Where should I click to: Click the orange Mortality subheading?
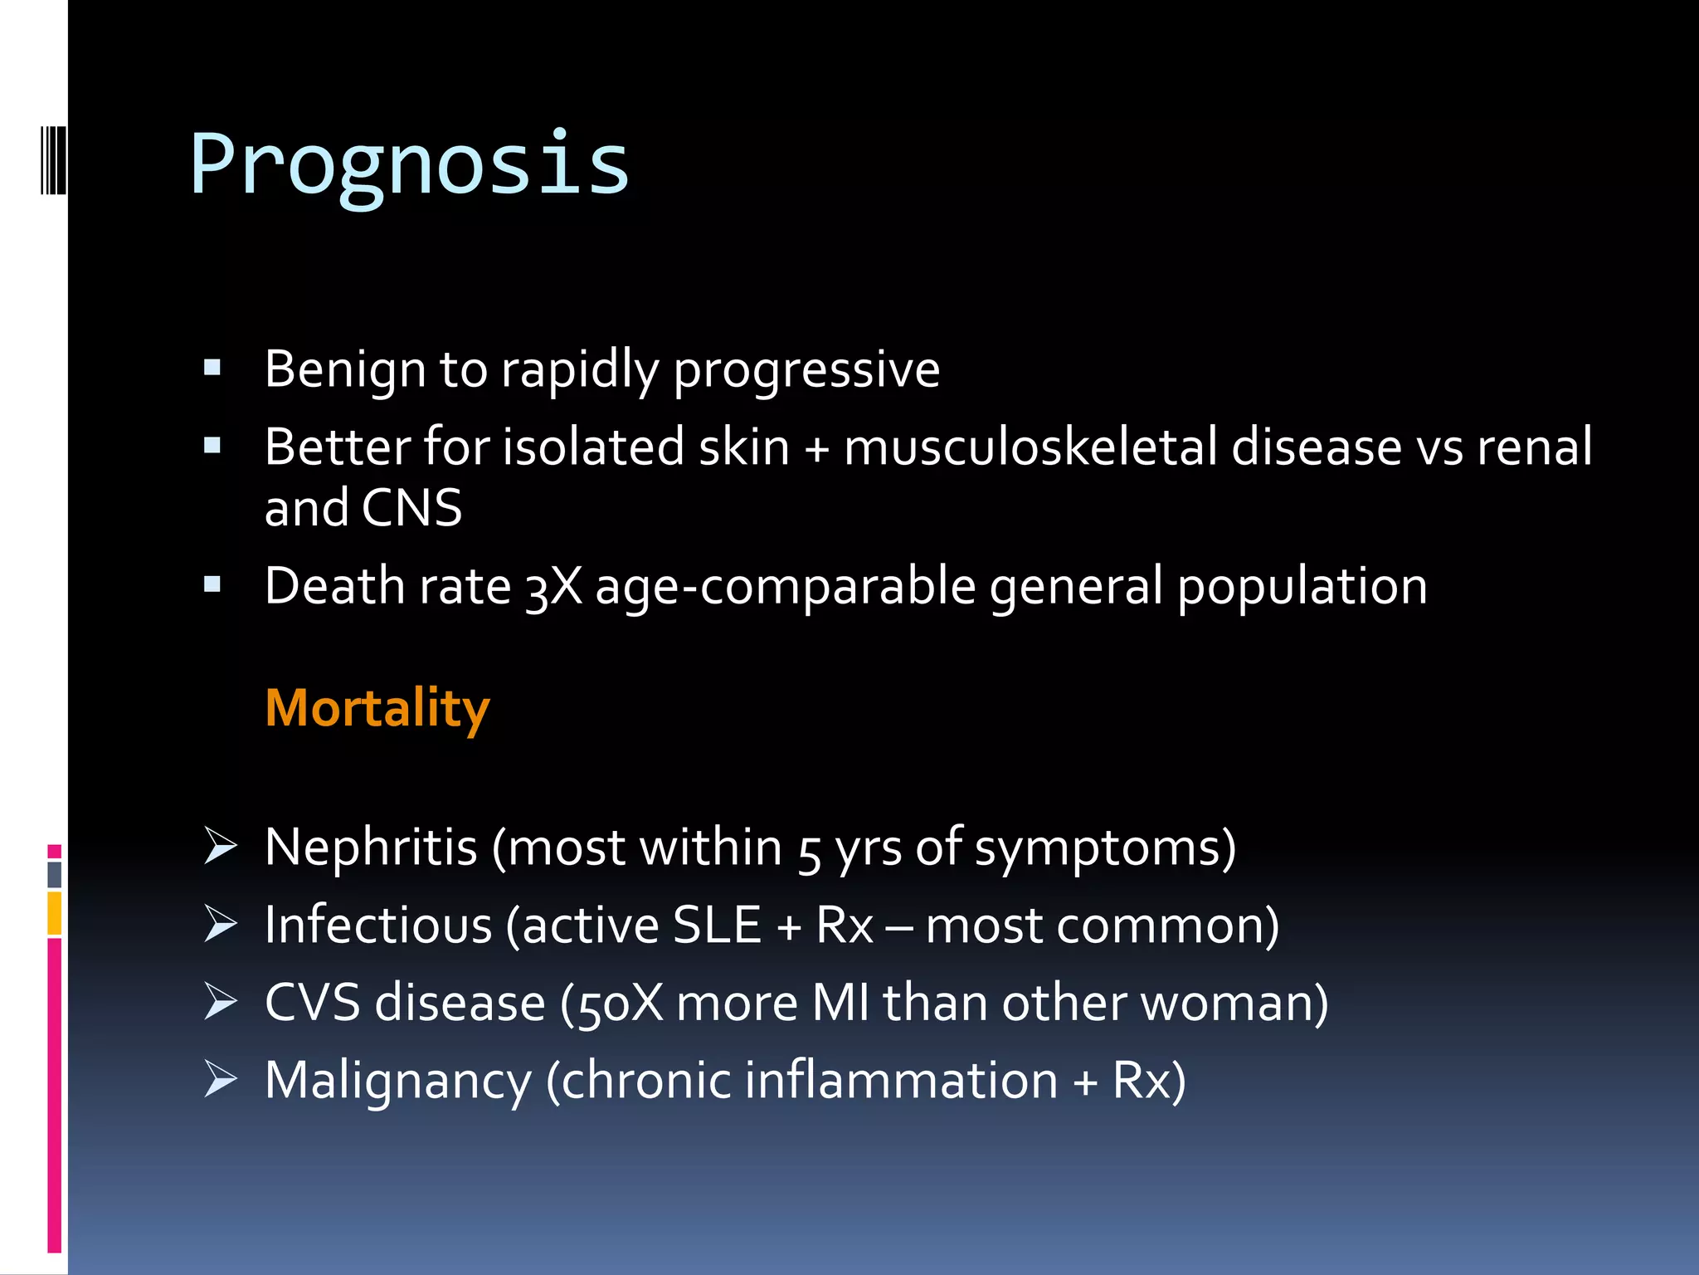pos(377,708)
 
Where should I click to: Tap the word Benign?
pos(344,369)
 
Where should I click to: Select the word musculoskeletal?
pos(1030,447)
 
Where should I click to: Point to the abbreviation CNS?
pos(411,508)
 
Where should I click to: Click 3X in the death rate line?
pos(554,587)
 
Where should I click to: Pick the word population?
pos(1302,587)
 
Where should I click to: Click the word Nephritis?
pos(371,848)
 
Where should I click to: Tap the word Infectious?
pos(378,925)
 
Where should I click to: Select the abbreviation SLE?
pos(717,925)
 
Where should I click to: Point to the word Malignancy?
pos(397,1081)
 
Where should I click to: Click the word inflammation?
pos(901,1081)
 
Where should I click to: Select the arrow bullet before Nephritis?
pos(221,847)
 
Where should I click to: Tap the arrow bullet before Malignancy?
pos(221,1079)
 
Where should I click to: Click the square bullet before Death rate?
pos(212,585)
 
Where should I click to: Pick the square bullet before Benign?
pos(212,368)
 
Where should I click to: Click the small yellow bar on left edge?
pos(54,913)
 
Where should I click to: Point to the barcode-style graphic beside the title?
pos(53,159)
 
